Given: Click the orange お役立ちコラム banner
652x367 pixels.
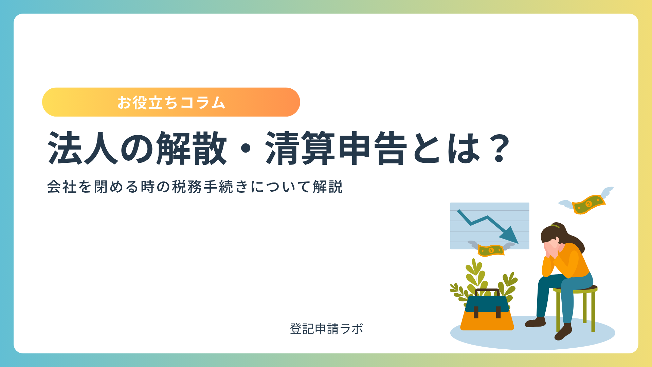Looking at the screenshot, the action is (171, 102).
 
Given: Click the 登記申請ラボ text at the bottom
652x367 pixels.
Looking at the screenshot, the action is (326, 329).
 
